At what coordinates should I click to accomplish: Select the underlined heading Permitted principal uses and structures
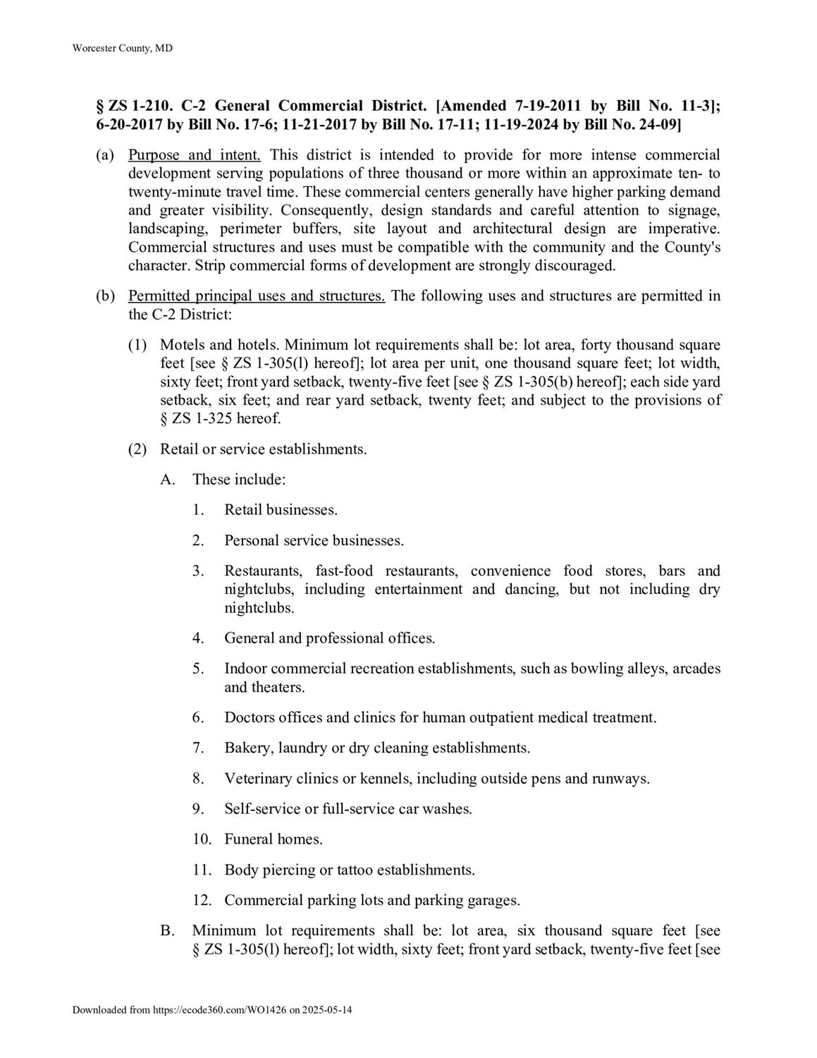point(257,296)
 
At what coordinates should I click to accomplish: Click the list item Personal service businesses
point(314,540)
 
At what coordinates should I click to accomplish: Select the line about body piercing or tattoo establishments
point(350,870)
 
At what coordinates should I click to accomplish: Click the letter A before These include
point(167,479)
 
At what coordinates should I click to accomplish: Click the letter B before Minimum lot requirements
point(167,930)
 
